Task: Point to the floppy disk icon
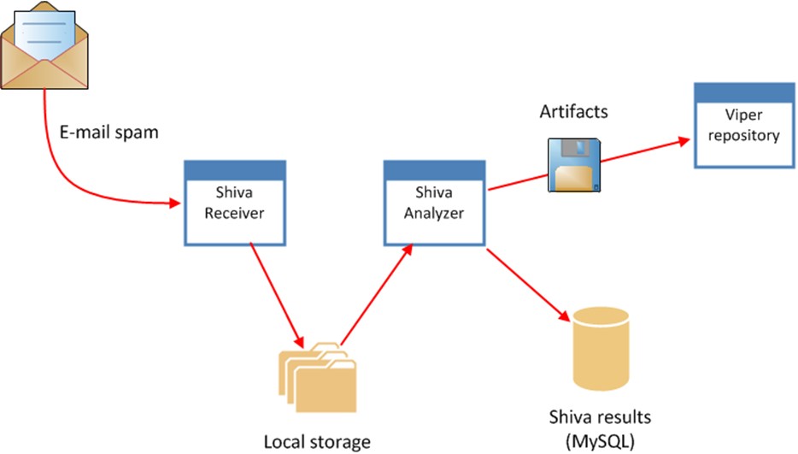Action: tap(573, 165)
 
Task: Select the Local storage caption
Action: tap(316, 441)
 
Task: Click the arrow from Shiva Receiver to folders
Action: tap(274, 290)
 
